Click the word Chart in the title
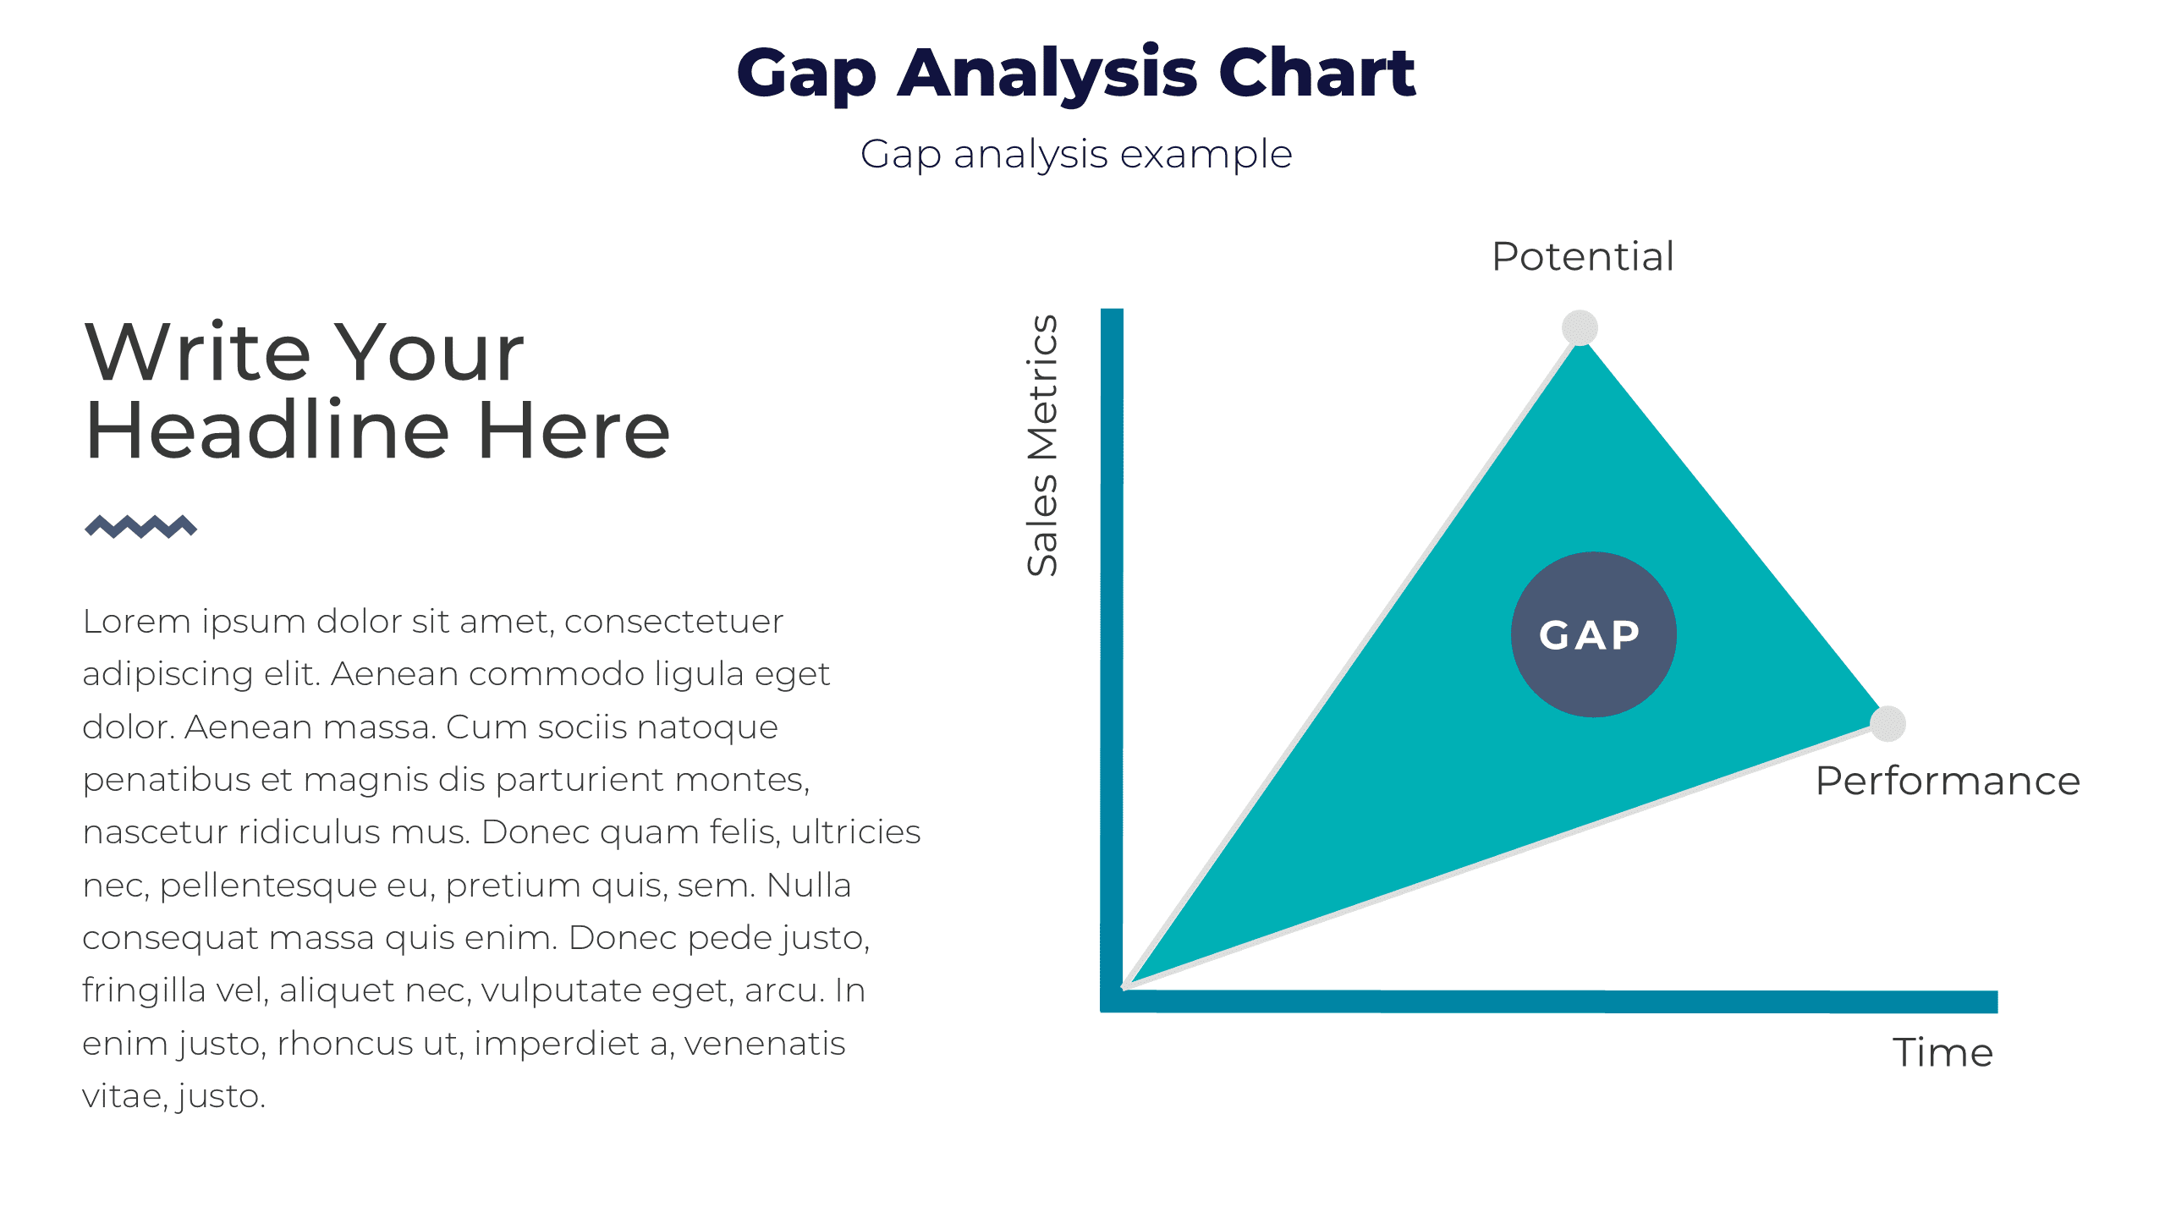[x=1316, y=73]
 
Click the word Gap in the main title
[x=805, y=74]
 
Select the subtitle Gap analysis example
[x=1076, y=155]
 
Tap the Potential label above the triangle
[x=1582, y=256]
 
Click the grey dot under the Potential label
[x=1580, y=328]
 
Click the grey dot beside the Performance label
[x=1888, y=724]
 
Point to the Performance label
[x=1948, y=781]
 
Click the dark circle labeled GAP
[x=1593, y=634]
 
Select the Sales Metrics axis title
[x=1042, y=446]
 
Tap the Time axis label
[x=1942, y=1053]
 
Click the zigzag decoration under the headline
[x=140, y=526]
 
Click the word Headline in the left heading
[x=267, y=431]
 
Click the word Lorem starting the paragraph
[x=136, y=622]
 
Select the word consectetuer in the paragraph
[x=673, y=622]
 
